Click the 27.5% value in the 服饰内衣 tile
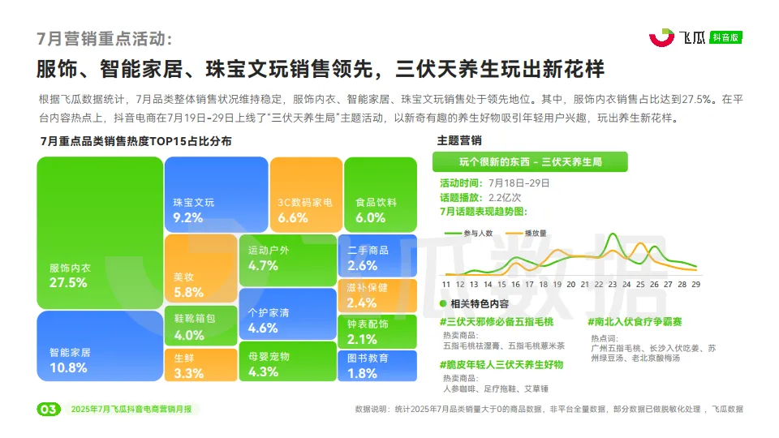click(68, 283)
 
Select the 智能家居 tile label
click(70, 353)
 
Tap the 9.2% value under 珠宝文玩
click(187, 217)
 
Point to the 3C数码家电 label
click(304, 202)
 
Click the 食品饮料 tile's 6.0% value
click(370, 217)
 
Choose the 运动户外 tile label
click(269, 251)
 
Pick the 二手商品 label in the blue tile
click(368, 251)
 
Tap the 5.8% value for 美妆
click(188, 292)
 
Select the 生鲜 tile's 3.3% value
click(188, 373)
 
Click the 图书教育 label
click(368, 358)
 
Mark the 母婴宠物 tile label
click(269, 357)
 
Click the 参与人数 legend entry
click(479, 234)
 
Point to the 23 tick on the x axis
click(613, 284)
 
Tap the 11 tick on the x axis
click(445, 284)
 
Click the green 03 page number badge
click(48, 410)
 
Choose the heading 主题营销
click(459, 140)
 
